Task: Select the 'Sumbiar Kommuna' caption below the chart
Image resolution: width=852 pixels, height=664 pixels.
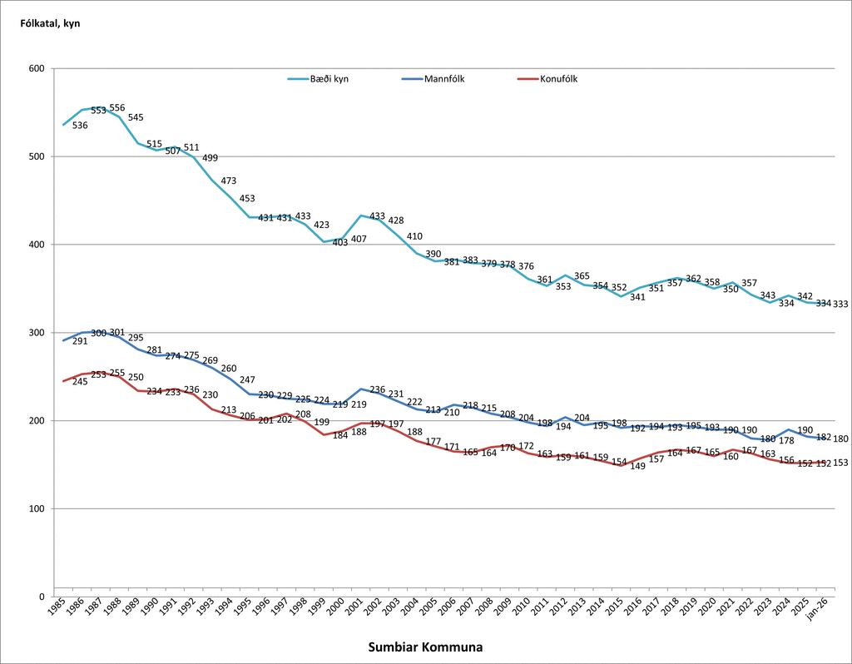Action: pos(425,647)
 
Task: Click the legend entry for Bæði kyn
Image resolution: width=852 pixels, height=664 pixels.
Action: pos(318,79)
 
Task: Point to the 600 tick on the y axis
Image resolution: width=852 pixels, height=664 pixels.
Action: pos(36,68)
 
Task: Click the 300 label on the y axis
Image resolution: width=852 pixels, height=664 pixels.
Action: pos(36,333)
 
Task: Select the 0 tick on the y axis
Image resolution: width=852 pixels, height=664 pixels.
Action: pos(41,597)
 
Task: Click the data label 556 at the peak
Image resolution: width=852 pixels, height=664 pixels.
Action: pos(117,108)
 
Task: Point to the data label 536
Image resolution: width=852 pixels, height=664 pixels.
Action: pos(81,126)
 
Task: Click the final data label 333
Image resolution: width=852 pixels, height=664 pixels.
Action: pos(840,305)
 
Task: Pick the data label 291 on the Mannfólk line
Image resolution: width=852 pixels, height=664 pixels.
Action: pos(81,341)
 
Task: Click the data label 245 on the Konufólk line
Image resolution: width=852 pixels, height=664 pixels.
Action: pos(81,382)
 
